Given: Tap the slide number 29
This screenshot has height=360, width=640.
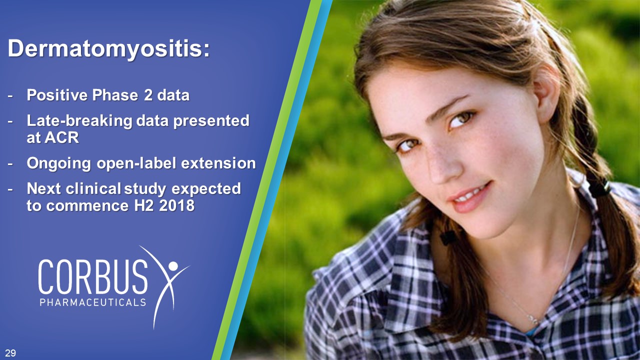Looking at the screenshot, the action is tap(10, 353).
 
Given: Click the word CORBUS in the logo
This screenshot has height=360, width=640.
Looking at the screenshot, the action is tap(93, 276).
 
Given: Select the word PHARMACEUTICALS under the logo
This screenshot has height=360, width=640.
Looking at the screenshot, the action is tap(93, 302).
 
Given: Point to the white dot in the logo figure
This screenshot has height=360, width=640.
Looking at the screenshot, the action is tap(173, 266).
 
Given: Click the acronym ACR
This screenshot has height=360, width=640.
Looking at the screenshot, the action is tap(61, 138).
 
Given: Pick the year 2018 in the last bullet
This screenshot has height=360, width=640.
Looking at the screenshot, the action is tap(177, 205).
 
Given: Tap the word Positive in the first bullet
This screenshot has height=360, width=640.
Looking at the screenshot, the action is tap(57, 95).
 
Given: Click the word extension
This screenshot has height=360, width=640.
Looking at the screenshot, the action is tap(218, 163).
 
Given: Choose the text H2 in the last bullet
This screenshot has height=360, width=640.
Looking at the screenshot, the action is tap(144, 205).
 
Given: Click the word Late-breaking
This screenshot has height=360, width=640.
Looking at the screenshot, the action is tap(79, 121).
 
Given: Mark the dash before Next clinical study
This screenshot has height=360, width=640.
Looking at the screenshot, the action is tap(10, 189).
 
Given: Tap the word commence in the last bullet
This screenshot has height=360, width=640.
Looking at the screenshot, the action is tap(87, 206).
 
